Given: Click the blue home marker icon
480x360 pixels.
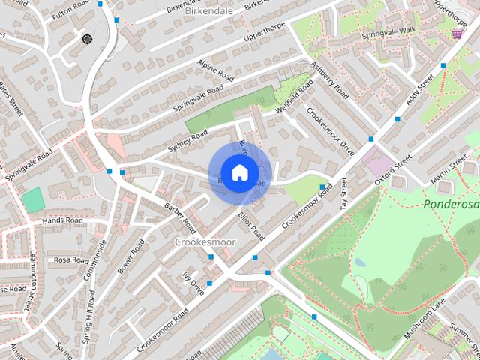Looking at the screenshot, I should pyautogui.click(x=239, y=173).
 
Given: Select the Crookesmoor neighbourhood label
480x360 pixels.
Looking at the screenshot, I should pyautogui.click(x=205, y=242).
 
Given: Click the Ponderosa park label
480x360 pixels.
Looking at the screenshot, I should pyautogui.click(x=451, y=204).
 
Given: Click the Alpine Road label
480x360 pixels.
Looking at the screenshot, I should pyautogui.click(x=218, y=70).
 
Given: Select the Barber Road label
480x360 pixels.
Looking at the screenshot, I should pyautogui.click(x=180, y=215).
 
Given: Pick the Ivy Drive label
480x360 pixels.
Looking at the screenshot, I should pyautogui.click(x=193, y=283).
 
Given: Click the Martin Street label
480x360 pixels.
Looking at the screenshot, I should pyautogui.click(x=448, y=173).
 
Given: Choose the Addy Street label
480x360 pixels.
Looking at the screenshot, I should pyautogui.click(x=421, y=93).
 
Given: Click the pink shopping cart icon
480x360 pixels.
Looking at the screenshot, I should pyautogui.click(x=457, y=33).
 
